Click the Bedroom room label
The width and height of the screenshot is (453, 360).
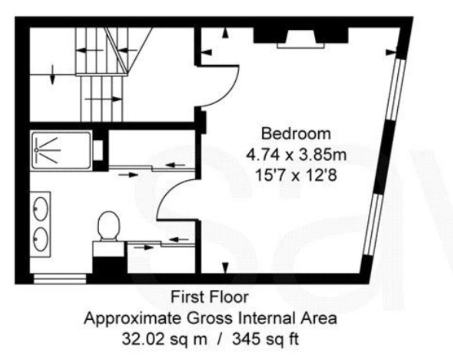coord(296,134)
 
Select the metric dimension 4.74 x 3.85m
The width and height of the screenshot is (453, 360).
coord(296,155)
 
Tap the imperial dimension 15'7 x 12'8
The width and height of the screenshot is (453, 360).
coord(296,176)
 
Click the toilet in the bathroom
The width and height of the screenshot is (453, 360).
coord(108,226)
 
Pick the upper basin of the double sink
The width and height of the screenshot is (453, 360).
coord(41,208)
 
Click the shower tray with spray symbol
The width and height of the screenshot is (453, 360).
coord(61,150)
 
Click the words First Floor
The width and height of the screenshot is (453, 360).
coord(210,297)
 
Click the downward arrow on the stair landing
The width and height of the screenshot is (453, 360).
coord(52,74)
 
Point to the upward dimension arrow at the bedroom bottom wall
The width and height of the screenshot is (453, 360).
coord(225,268)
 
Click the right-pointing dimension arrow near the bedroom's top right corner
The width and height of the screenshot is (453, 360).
coord(391,52)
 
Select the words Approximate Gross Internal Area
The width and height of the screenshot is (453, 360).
coord(210,318)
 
